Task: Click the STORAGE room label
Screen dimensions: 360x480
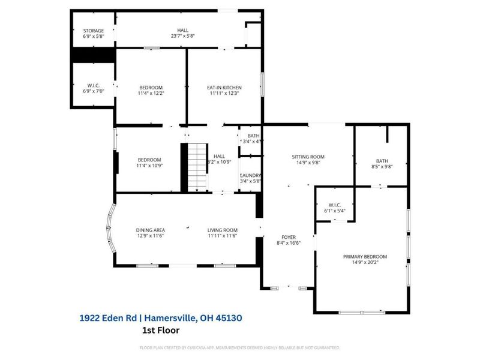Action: coord(93,31)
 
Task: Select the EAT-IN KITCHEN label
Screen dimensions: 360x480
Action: coord(223,88)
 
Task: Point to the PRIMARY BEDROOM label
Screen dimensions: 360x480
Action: coord(365,256)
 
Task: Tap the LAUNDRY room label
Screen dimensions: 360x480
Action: coord(250,175)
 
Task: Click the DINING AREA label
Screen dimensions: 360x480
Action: coord(151,230)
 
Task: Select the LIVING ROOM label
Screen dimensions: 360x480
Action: coord(223,230)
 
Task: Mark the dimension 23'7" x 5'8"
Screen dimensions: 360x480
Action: coord(182,36)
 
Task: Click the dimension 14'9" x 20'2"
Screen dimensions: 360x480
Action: coord(365,262)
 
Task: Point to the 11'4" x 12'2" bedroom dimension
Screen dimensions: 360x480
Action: coord(151,94)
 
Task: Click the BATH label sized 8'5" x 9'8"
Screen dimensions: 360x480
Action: coord(382,161)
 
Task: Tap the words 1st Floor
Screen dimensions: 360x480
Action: coord(160,330)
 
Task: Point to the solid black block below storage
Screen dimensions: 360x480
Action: coord(93,55)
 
